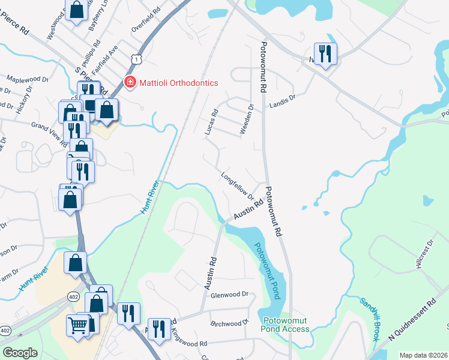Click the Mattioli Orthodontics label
tap(178, 82)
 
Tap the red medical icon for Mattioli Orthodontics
tap(129, 82)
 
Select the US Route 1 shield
tap(137, 59)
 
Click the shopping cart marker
tap(78, 326)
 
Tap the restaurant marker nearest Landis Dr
tap(325, 54)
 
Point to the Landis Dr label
tap(283, 100)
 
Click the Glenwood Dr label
tap(230, 295)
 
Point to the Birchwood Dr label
tap(230, 323)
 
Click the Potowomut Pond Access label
tap(286, 325)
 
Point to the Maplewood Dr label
tap(28, 79)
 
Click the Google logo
tap(20, 352)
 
